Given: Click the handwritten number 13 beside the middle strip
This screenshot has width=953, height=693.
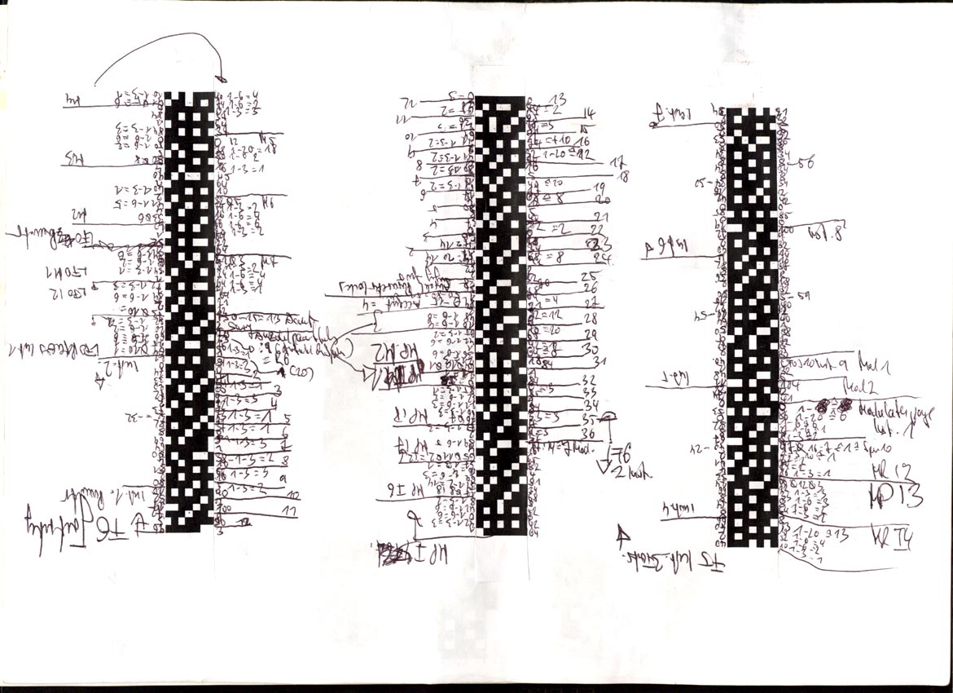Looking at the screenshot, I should coord(560,99).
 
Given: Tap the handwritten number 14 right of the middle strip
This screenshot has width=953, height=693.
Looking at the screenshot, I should coord(589,113).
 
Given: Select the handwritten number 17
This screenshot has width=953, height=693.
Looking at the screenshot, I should coord(616,160).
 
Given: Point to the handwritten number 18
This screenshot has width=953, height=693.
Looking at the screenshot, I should coord(624,175).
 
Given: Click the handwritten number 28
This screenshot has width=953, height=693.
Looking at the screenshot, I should coord(591,317).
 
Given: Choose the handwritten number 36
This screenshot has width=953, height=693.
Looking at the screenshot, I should coord(587,433).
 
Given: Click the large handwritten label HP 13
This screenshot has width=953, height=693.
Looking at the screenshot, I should coord(896,497).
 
